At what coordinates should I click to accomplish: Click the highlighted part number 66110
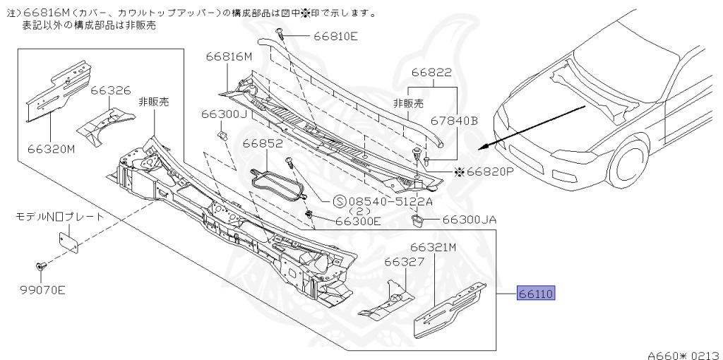pyautogui.click(x=537, y=294)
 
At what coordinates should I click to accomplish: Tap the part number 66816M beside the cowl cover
pyautogui.click(x=229, y=57)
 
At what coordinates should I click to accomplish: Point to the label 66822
pyautogui.click(x=431, y=73)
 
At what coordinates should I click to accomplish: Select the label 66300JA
pyautogui.click(x=470, y=220)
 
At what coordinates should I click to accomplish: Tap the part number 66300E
pyautogui.click(x=358, y=221)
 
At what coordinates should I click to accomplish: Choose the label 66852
pyautogui.click(x=263, y=144)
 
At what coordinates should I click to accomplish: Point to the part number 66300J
pyautogui.click(x=223, y=114)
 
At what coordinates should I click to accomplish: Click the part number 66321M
pyautogui.click(x=433, y=248)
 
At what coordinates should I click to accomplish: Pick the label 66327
pyautogui.click(x=404, y=262)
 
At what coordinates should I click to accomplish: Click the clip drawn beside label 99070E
pyautogui.click(x=40, y=266)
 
